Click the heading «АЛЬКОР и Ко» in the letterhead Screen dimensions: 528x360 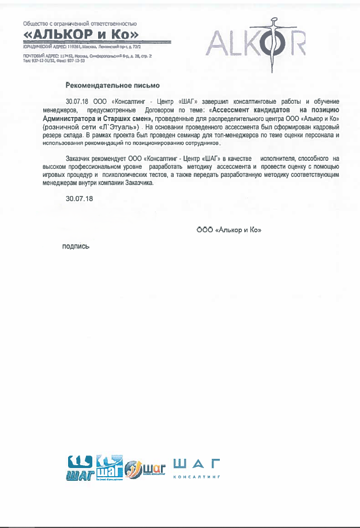pyautogui.click(x=81, y=35)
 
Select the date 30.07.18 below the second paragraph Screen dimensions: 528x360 pyautogui.click(x=80, y=198)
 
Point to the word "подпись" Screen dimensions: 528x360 pyautogui.click(x=76, y=246)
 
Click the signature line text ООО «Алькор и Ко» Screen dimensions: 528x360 pyautogui.click(x=229, y=230)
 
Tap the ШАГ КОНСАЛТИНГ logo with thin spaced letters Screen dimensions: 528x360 pyautogui.click(x=197, y=468)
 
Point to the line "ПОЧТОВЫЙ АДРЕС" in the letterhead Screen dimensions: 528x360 pyautogui.click(x=87, y=56)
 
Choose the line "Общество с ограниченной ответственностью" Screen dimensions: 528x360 pyautogui.click(x=79, y=24)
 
